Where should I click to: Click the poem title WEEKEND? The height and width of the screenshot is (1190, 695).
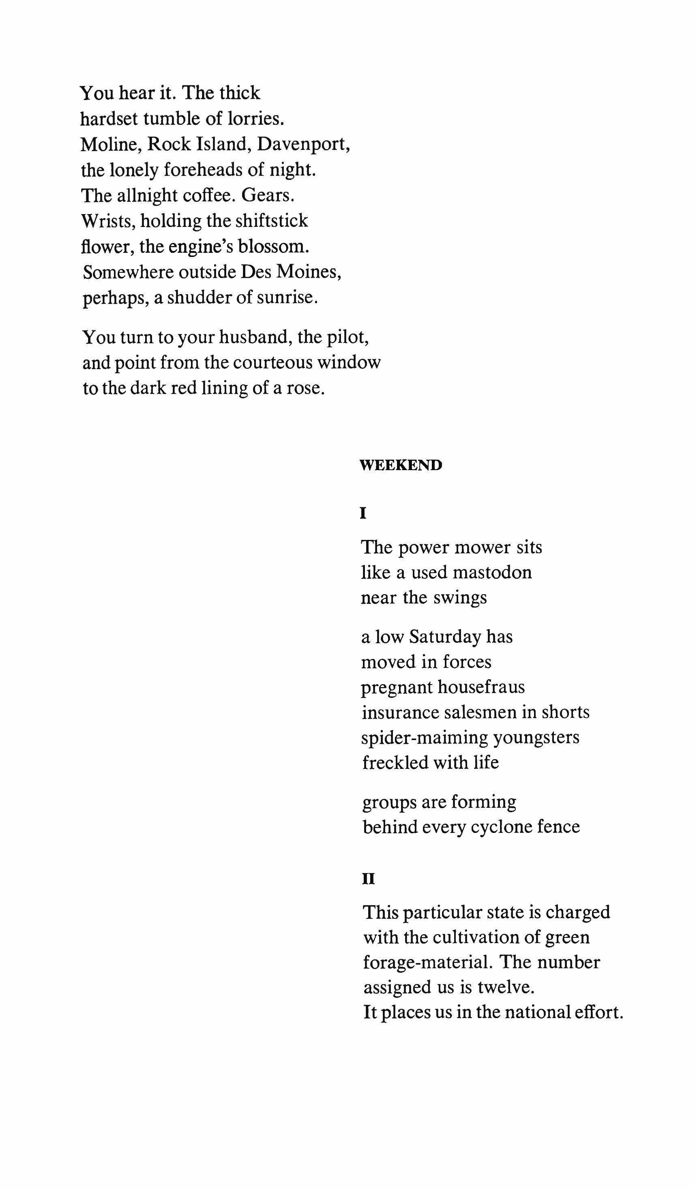coord(401,465)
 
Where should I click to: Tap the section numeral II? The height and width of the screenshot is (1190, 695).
coord(368,879)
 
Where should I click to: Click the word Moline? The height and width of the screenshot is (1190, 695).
coord(111,144)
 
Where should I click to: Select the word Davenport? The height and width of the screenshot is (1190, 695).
coord(303,144)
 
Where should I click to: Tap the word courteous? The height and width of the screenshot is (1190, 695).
coord(272,363)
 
